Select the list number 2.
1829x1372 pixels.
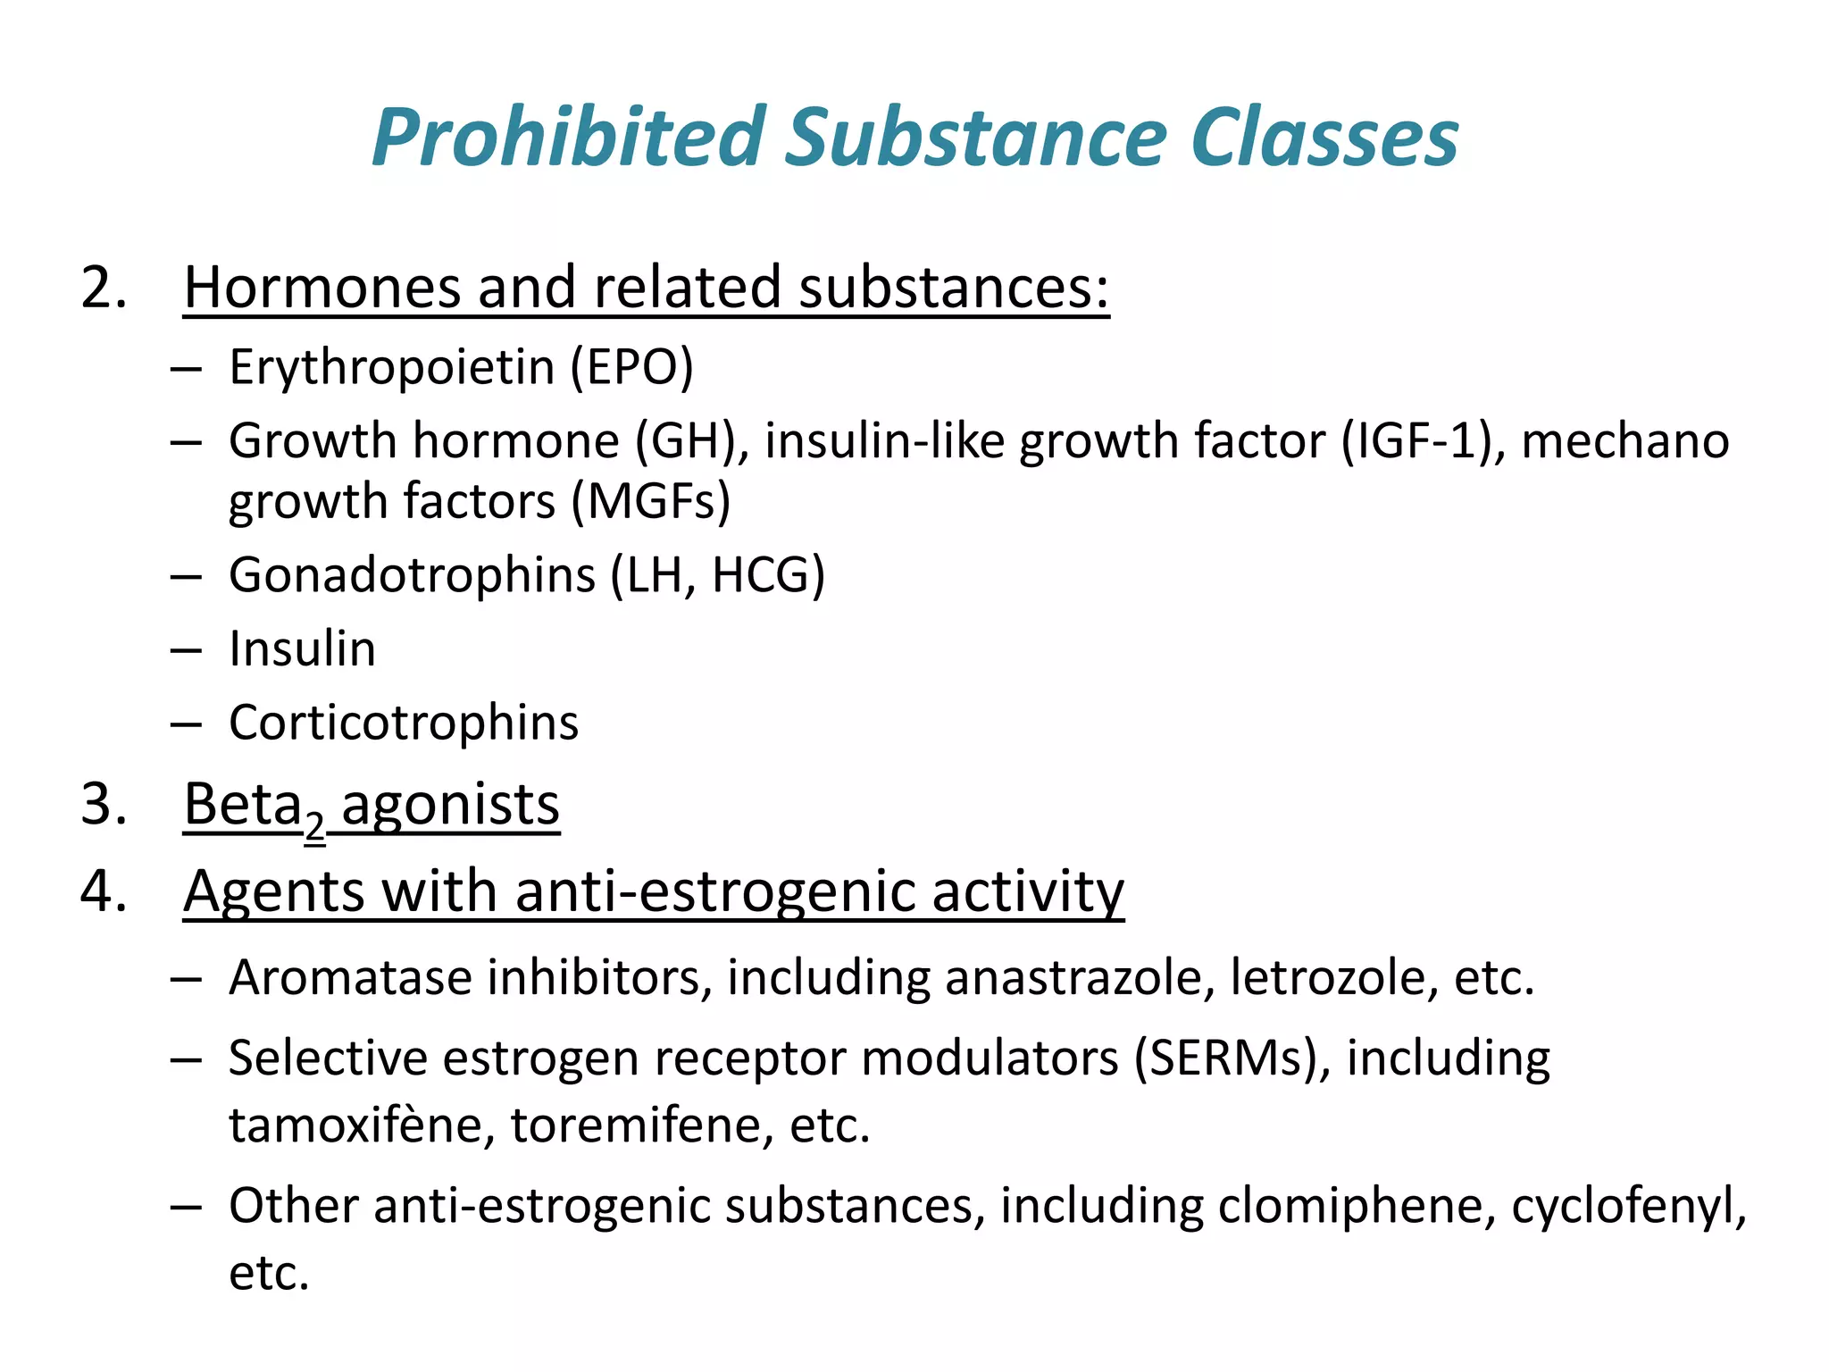tap(103, 289)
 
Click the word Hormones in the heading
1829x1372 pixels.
tap(322, 289)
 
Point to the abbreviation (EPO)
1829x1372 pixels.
tap(632, 367)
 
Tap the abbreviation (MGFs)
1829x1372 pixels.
tap(651, 501)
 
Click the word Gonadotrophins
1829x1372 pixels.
tap(412, 574)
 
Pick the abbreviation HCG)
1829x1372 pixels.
tap(768, 574)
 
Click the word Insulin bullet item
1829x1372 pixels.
tap(302, 648)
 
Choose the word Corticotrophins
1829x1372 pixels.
tap(404, 723)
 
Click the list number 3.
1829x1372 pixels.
tap(103, 804)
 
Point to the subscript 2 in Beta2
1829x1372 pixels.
tap(314, 826)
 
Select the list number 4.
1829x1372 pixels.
tap(103, 891)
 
